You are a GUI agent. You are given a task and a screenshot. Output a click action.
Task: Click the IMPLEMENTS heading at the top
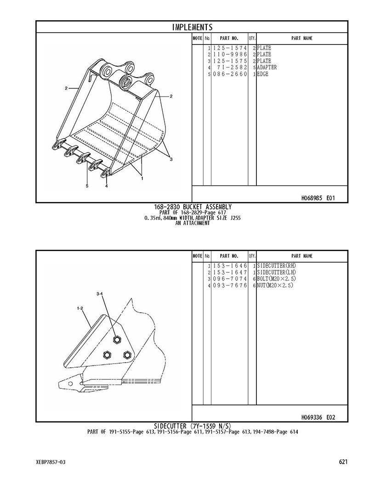[192, 27]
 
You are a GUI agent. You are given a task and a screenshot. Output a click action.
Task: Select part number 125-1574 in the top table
[230, 48]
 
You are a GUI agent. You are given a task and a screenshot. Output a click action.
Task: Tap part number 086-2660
[230, 74]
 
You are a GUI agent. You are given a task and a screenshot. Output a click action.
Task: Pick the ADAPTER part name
[267, 67]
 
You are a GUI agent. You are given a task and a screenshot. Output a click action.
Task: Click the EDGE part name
[263, 74]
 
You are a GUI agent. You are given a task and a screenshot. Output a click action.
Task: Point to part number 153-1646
[230, 266]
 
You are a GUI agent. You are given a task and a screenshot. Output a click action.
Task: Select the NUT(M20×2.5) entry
[275, 286]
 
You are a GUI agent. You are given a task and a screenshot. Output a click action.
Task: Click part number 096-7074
[230, 279]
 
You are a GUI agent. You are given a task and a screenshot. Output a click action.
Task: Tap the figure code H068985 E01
[318, 198]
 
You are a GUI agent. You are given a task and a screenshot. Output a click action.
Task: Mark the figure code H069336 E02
[318, 417]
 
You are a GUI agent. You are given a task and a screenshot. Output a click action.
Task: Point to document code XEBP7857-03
[51, 462]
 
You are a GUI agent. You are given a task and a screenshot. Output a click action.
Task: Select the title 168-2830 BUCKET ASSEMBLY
[193, 207]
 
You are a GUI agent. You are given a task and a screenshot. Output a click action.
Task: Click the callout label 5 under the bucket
[87, 186]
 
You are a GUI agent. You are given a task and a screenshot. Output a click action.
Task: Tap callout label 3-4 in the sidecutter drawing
[100, 294]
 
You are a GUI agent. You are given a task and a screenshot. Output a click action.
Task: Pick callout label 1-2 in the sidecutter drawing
[79, 308]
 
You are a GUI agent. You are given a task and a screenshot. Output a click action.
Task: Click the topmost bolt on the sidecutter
[117, 340]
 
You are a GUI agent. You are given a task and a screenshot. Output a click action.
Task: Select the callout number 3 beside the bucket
[171, 159]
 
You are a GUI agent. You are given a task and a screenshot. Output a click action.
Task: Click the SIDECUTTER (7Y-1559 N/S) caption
[193, 426]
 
